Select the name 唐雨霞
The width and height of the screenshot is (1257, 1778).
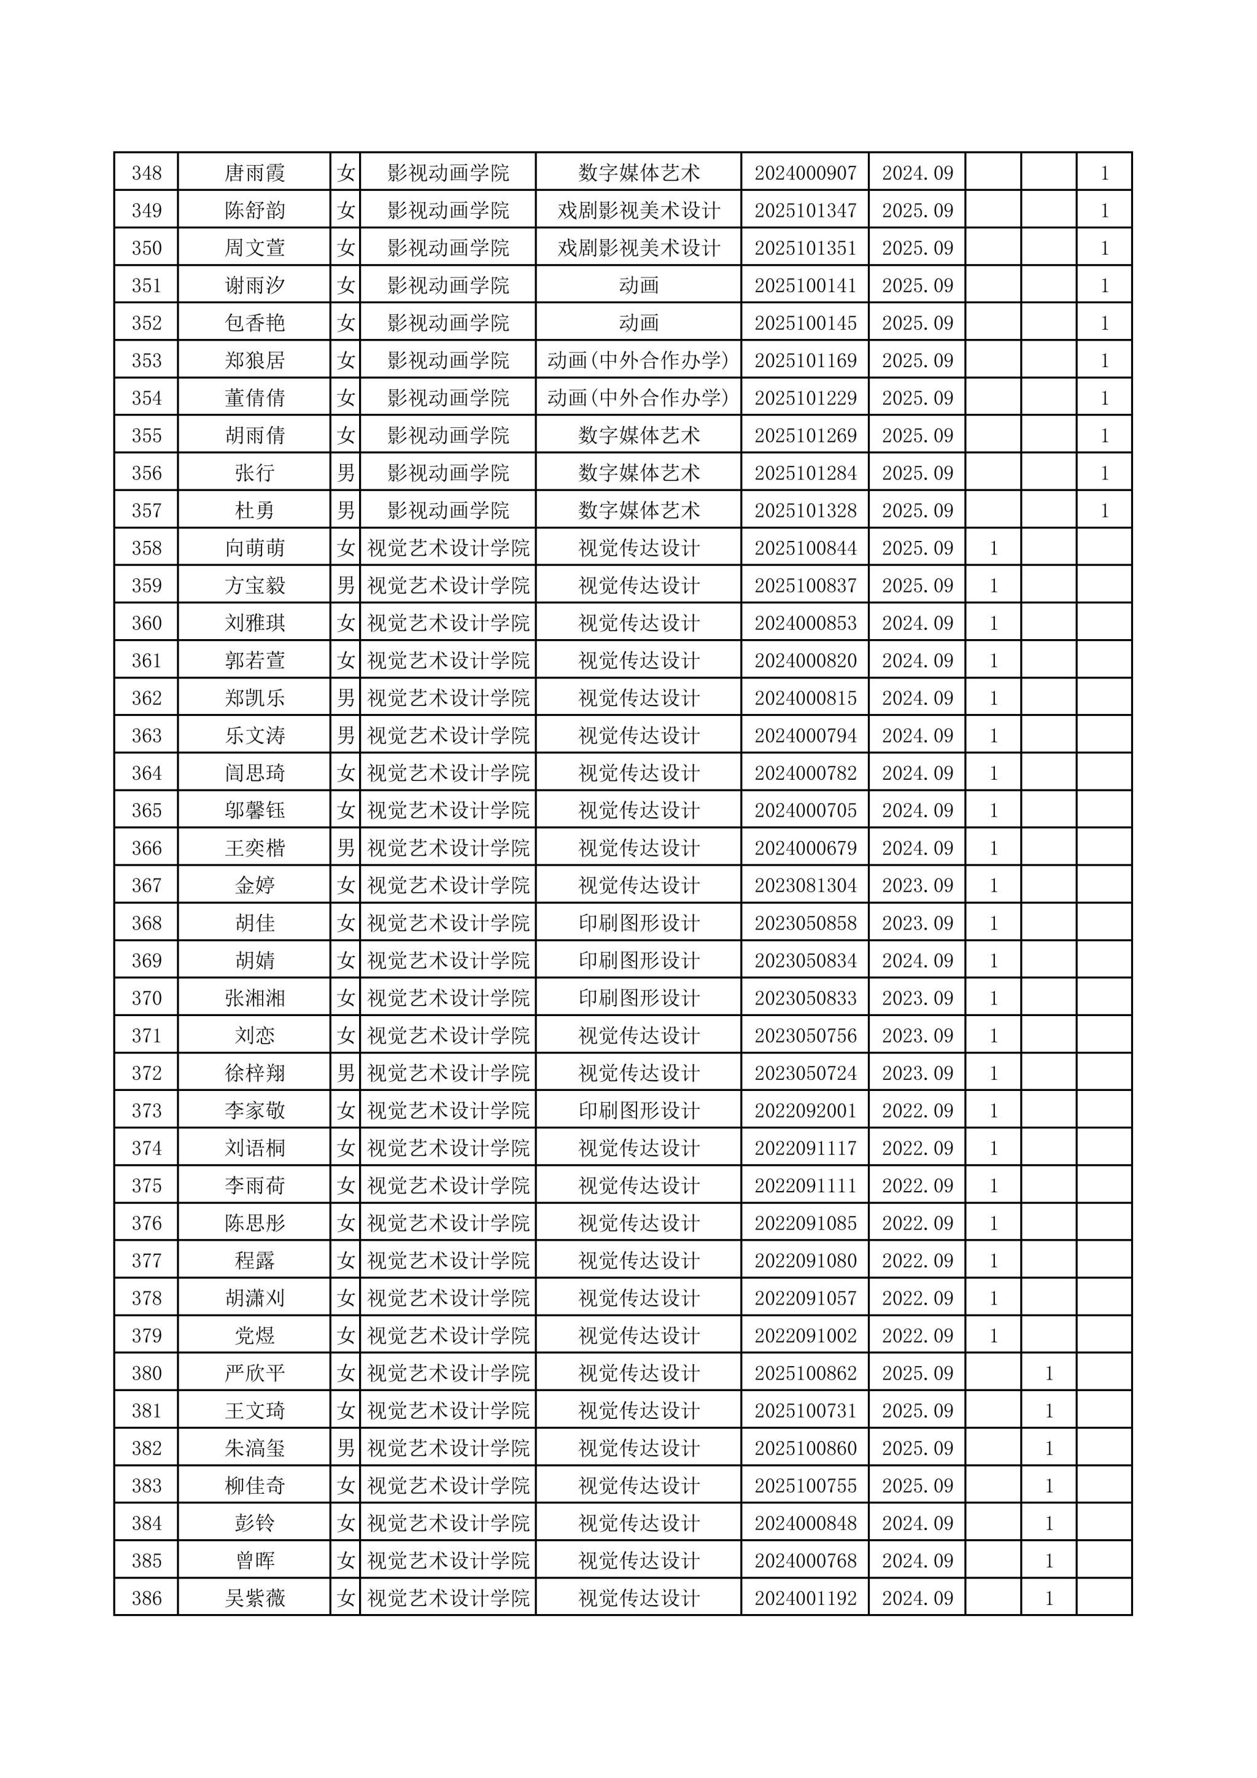coord(255,173)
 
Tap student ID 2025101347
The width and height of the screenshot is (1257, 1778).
coord(805,211)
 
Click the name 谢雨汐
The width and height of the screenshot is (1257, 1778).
coord(255,285)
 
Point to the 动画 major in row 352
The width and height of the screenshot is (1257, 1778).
coord(638,323)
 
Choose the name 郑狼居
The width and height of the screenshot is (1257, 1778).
coord(255,361)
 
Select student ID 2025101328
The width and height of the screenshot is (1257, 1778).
coord(805,511)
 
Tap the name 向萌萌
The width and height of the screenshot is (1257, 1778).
coord(255,548)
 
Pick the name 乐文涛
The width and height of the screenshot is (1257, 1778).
coord(255,736)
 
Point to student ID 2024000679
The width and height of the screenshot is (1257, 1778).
coord(805,848)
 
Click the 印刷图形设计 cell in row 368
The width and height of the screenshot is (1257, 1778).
coord(638,924)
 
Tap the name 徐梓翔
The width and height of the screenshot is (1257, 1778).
coord(255,1073)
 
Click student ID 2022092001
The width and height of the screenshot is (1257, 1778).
coord(805,1111)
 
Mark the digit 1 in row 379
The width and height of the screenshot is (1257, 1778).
coord(994,1336)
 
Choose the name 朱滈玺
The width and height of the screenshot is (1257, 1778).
coord(255,1449)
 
